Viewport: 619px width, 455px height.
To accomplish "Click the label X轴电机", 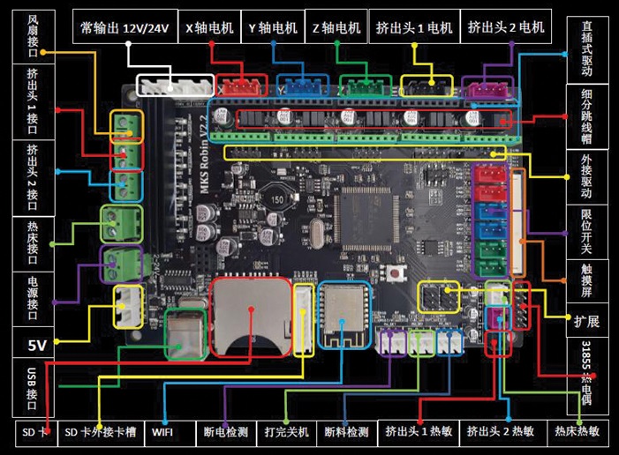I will pos(209,27).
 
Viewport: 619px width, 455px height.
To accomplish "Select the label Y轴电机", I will pos(273,27).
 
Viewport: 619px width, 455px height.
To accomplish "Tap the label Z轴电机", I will pos(336,27).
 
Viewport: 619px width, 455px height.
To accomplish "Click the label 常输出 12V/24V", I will pos(124,27).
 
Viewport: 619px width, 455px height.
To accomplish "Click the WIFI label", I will pos(162,433).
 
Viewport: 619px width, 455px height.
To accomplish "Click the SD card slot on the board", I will pos(251,313).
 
